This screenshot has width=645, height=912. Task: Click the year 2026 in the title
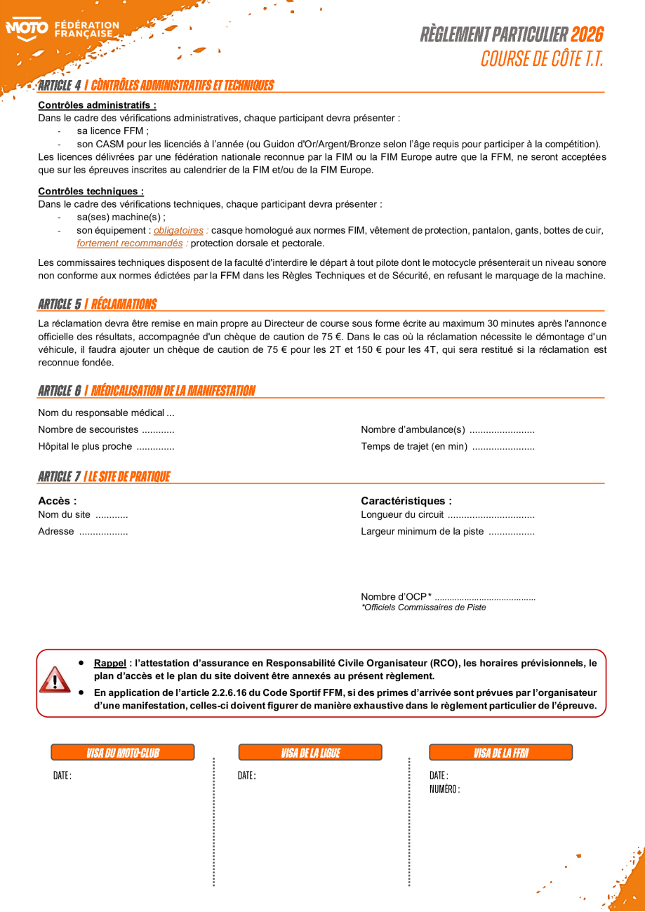(587, 34)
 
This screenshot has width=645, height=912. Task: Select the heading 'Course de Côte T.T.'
(541, 59)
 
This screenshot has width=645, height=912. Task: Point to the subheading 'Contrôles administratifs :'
(97, 105)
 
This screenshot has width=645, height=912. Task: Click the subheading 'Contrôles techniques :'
(91, 191)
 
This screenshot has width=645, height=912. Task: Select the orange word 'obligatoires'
(178, 230)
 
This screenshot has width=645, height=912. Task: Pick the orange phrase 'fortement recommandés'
(130, 243)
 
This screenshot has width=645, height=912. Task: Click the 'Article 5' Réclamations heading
(98, 304)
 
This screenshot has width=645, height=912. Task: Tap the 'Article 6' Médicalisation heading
(147, 391)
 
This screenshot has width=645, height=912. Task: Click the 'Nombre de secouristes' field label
(88, 430)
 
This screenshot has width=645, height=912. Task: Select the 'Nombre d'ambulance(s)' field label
(413, 430)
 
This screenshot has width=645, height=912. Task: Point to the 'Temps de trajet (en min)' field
(414, 447)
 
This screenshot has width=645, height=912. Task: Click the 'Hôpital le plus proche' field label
(85, 447)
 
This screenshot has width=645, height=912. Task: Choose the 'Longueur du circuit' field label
(402, 515)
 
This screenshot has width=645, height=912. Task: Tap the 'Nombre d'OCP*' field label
(396, 597)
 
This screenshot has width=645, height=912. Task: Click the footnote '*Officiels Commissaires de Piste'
(423, 608)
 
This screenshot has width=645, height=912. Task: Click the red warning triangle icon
(55, 679)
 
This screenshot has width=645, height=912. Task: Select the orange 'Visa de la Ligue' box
(310, 753)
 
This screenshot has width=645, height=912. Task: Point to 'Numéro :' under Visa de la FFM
(444, 789)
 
